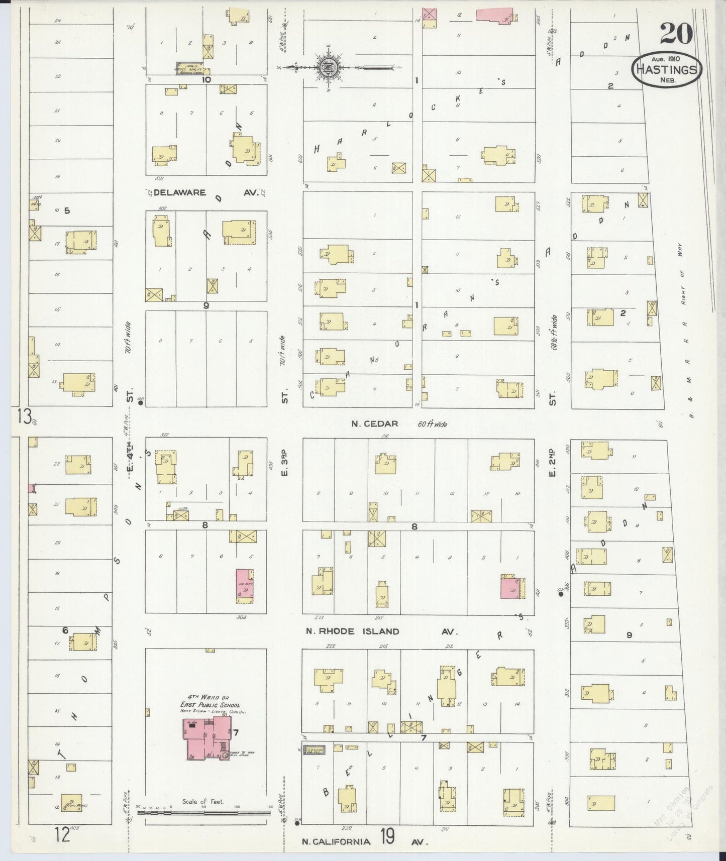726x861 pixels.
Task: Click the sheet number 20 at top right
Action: [x=676, y=34]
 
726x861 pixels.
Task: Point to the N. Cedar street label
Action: [x=374, y=424]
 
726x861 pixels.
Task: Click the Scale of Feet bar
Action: [x=203, y=811]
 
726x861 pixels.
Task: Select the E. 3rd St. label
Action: [x=284, y=465]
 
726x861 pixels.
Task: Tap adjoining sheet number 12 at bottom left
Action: [x=62, y=835]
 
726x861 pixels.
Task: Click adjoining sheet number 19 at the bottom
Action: [x=387, y=837]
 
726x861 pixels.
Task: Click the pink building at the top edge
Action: [x=494, y=14]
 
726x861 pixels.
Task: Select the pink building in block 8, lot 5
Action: [x=245, y=586]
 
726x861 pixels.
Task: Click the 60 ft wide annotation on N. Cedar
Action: [x=432, y=424]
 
